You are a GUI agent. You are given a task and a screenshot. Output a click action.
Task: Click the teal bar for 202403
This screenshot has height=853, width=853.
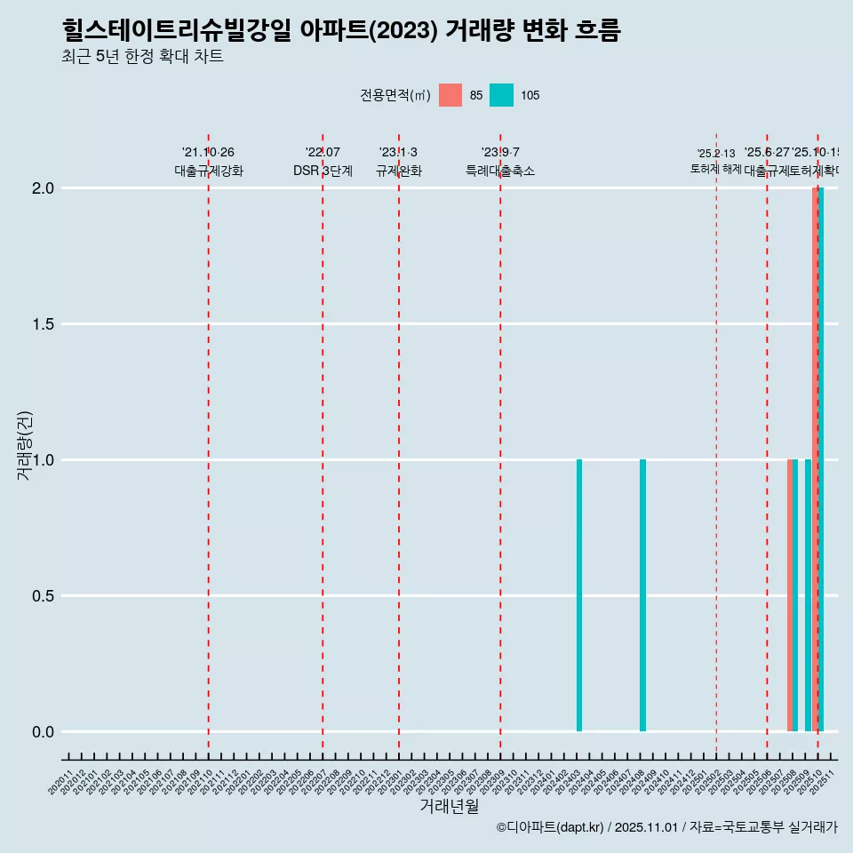point(579,595)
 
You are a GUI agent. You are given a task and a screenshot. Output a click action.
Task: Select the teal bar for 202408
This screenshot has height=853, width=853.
point(642,595)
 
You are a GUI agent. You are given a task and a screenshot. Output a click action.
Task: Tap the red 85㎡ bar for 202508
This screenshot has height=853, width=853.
point(789,595)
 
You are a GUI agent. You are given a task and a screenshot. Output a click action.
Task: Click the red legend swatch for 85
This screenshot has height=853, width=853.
point(450,95)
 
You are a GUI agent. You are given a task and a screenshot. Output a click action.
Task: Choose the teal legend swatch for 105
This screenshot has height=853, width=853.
point(502,95)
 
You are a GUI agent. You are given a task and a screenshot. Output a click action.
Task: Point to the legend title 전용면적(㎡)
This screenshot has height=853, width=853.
point(395,95)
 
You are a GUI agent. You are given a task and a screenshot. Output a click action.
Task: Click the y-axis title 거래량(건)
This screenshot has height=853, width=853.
point(25,445)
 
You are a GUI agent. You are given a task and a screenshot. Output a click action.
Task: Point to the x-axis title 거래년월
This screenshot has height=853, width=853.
point(449,807)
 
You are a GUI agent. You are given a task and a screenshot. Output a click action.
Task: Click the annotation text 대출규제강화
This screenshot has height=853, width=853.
point(209,171)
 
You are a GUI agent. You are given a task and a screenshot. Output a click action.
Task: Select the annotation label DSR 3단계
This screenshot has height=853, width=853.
point(323,171)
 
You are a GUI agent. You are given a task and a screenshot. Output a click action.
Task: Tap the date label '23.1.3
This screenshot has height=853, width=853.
point(398,153)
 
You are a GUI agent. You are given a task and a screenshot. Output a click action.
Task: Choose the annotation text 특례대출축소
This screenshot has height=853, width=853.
point(500,171)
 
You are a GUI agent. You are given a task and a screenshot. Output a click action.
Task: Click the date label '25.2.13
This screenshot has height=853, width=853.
point(715,154)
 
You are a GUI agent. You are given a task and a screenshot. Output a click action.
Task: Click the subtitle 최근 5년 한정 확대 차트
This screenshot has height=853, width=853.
point(142,57)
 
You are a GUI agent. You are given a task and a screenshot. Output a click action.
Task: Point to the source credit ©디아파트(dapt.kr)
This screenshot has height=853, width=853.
point(551,828)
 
